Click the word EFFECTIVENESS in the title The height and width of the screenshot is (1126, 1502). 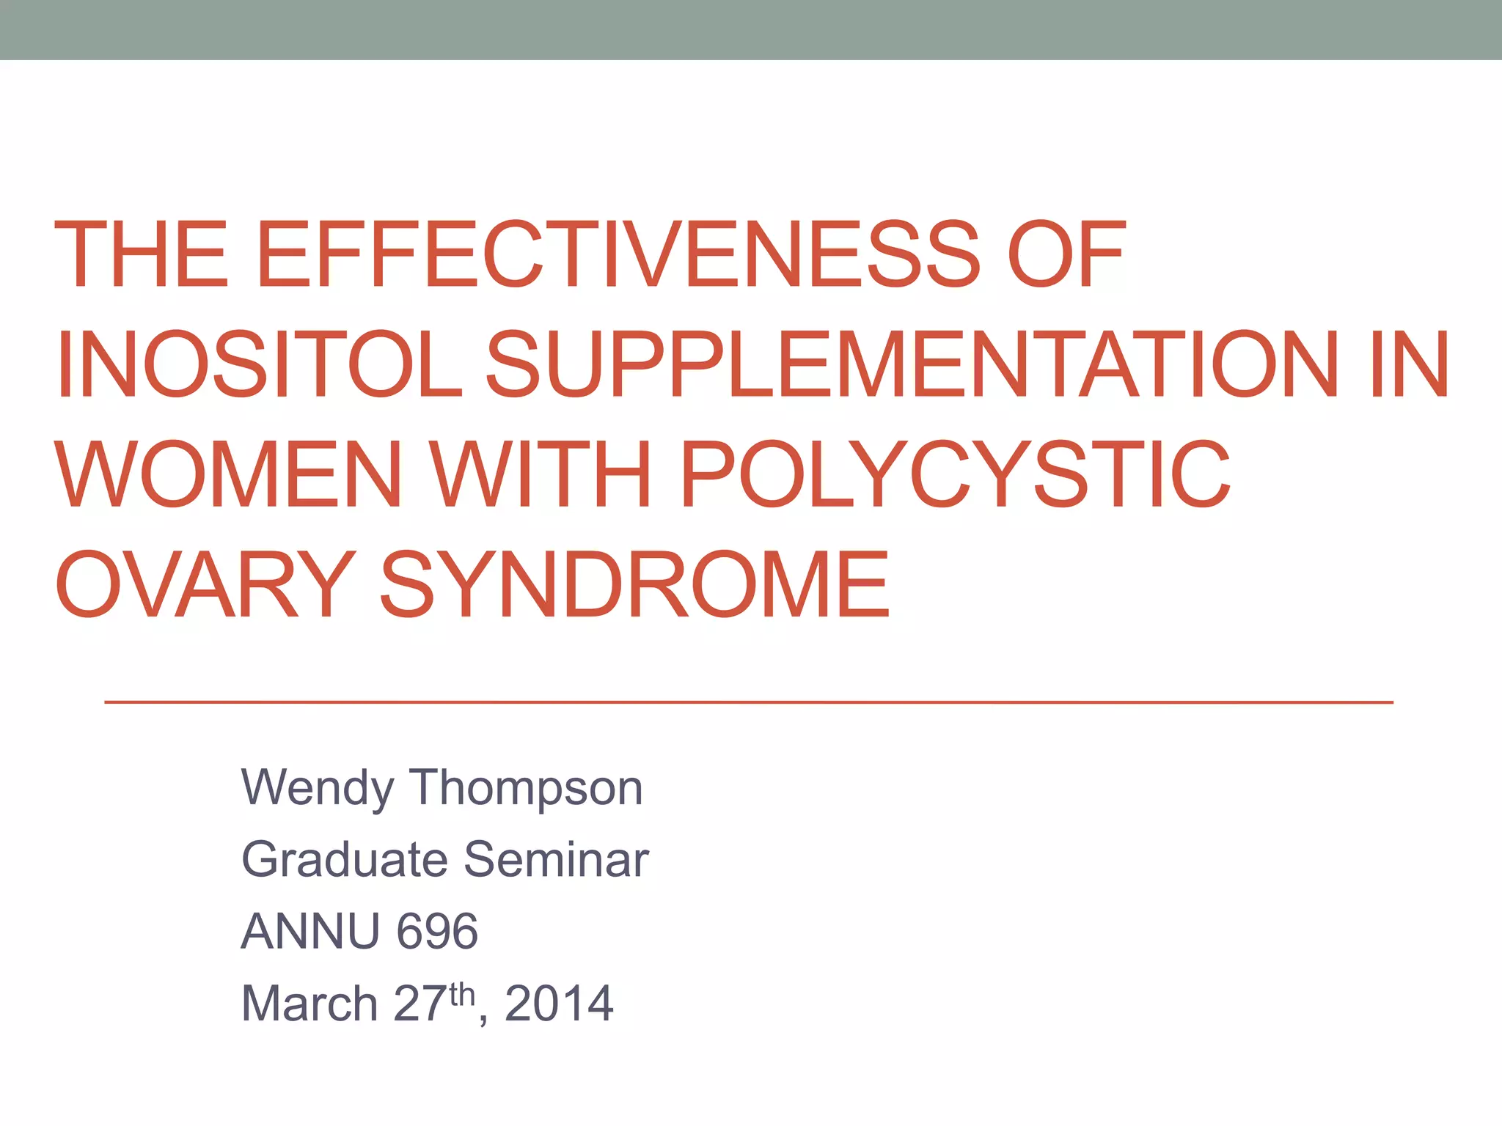click(x=618, y=254)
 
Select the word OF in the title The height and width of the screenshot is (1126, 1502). click(x=1066, y=254)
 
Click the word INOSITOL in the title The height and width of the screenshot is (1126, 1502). click(x=260, y=364)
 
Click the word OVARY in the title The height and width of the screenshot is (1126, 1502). click(x=205, y=584)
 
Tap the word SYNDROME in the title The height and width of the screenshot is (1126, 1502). click(x=635, y=584)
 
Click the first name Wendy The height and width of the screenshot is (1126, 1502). click(x=317, y=789)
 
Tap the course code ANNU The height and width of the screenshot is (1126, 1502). click(x=309, y=932)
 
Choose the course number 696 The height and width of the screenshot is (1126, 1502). click(x=437, y=932)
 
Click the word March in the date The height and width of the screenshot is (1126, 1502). click(x=309, y=1003)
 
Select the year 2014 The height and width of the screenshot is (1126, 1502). click(x=559, y=1003)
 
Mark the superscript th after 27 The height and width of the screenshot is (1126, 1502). click(x=462, y=994)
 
